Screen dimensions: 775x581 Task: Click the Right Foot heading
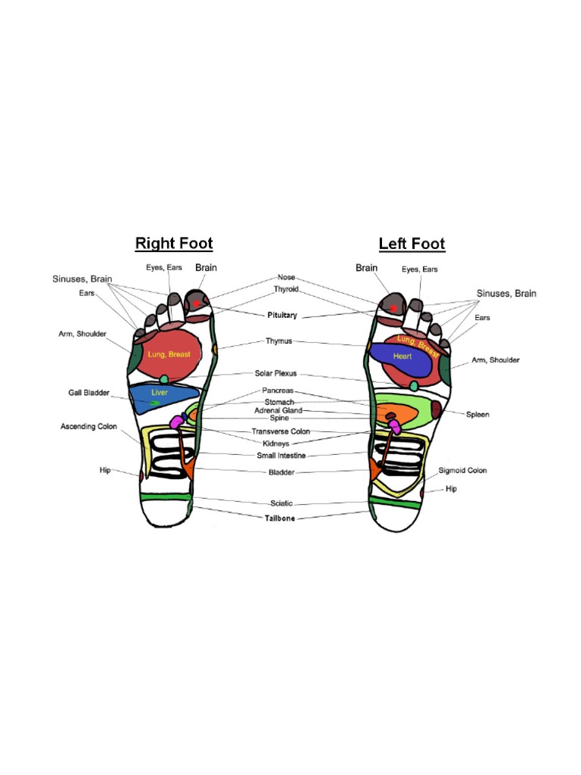[x=174, y=244]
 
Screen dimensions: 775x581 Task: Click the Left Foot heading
[x=412, y=244]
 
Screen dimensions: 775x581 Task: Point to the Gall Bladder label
[x=89, y=393]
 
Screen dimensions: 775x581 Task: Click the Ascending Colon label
[x=89, y=427]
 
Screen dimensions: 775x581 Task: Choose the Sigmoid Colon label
[x=463, y=470]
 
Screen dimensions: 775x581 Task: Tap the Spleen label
[x=477, y=414]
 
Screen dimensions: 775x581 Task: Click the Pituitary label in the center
[x=281, y=315]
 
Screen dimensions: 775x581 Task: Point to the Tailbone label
[x=280, y=518]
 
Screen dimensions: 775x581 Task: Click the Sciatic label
[x=281, y=503]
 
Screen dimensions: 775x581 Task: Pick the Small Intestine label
[x=281, y=456]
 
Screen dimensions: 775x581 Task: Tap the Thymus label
[x=279, y=341]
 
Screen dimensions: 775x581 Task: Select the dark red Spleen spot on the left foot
[x=436, y=412]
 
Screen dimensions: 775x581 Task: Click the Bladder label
[x=282, y=472]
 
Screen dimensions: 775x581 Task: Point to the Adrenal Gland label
[x=278, y=410]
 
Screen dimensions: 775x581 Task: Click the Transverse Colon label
[x=281, y=431]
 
